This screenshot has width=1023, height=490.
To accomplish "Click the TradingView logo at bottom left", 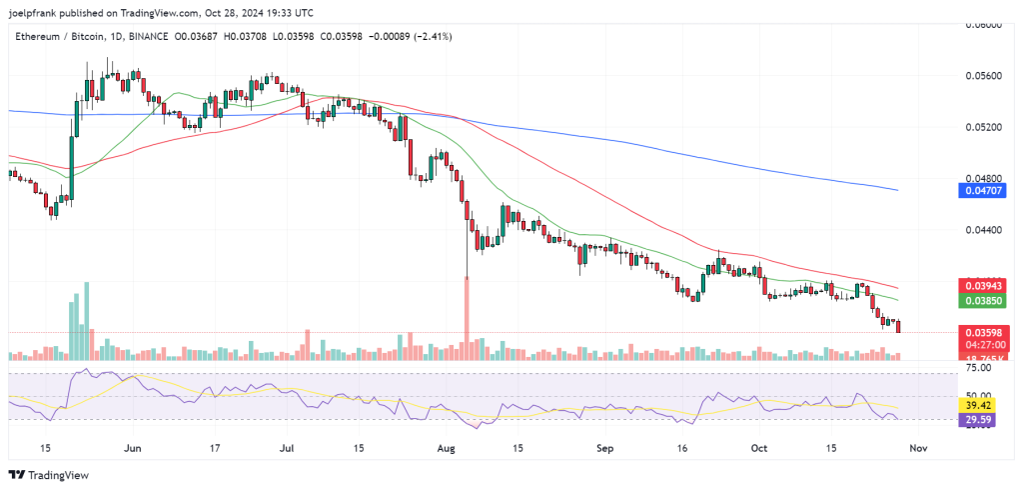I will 49,474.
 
